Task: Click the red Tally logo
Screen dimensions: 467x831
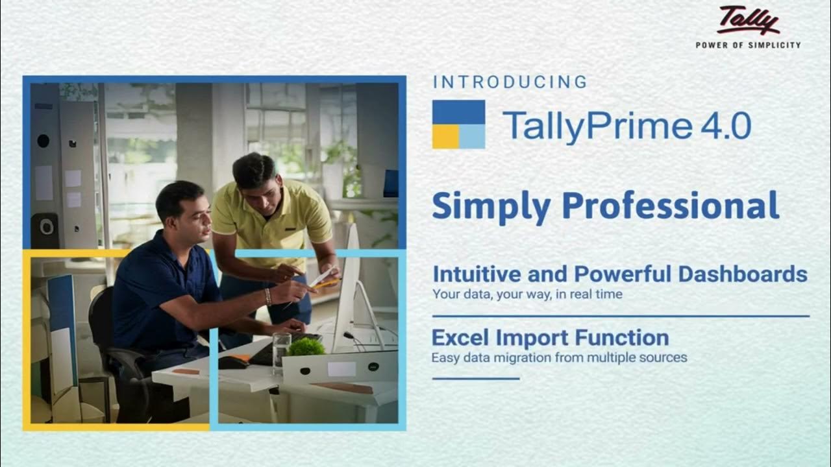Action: click(x=748, y=20)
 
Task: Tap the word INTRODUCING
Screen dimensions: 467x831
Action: click(x=510, y=82)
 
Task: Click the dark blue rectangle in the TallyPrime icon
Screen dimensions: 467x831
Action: click(x=458, y=112)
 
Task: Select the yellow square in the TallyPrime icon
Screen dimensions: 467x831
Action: click(x=445, y=136)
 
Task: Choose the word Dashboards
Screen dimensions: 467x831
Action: click(x=743, y=274)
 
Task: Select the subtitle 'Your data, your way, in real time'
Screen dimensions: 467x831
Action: click(x=527, y=294)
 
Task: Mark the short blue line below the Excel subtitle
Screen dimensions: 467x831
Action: click(x=476, y=378)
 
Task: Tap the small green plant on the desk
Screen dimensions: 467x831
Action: click(x=306, y=347)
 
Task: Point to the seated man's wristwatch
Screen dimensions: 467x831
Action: click(x=267, y=296)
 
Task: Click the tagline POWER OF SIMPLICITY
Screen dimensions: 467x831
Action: click(x=748, y=45)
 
